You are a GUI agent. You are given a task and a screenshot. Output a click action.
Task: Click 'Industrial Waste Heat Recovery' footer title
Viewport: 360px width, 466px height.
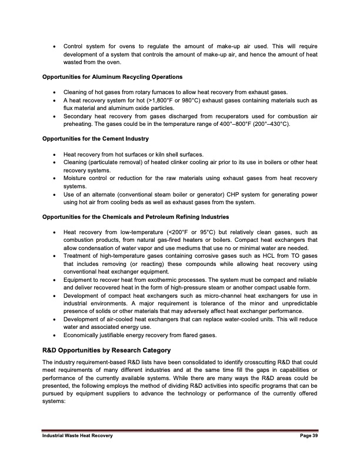coord(76,435)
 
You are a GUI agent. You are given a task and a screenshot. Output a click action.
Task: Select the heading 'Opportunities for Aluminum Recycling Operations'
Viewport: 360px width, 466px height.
coord(112,77)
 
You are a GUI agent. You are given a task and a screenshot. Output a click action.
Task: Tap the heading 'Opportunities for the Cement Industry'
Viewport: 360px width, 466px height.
coord(95,138)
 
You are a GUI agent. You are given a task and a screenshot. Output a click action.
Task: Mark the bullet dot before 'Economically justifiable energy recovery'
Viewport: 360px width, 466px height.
coord(55,337)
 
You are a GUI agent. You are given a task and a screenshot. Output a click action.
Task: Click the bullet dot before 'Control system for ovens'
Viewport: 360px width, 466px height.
coord(55,46)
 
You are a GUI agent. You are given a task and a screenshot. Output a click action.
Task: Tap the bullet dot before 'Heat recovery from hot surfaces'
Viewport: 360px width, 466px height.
coord(55,154)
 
